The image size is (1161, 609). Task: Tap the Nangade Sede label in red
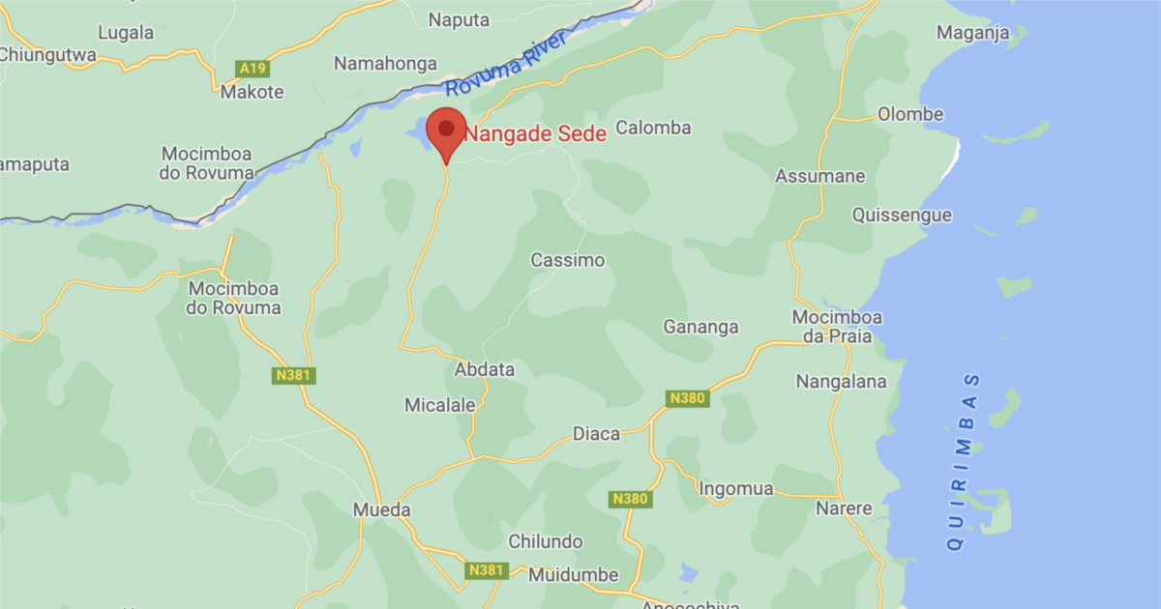535,134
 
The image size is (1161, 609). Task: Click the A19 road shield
253,69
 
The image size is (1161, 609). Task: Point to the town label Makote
253,93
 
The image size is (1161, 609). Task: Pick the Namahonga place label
384,64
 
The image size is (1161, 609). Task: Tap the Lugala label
126,33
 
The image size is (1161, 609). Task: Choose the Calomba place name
653,128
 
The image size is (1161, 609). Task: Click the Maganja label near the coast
972,33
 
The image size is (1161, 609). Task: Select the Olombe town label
909,114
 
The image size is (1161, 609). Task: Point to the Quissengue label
902,216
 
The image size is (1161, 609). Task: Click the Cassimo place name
567,260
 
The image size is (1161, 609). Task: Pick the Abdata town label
485,369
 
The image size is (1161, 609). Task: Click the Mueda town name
381,509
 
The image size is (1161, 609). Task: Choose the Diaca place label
596,434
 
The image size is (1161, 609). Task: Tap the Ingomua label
735,489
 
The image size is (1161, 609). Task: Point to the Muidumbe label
573,575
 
